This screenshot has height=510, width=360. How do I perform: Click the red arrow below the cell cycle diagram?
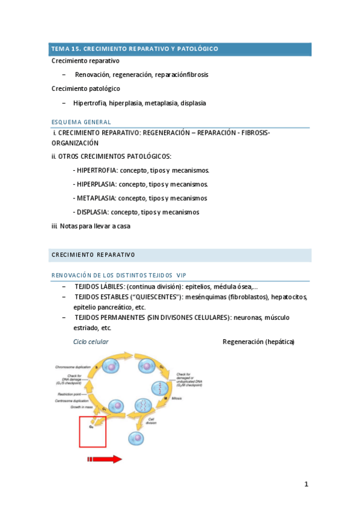point(105,459)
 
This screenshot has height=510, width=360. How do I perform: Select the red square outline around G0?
point(93,432)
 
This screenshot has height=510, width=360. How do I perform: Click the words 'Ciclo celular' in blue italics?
point(91,342)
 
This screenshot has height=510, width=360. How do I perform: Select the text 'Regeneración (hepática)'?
point(258,342)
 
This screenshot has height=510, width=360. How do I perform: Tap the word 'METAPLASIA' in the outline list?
point(96,198)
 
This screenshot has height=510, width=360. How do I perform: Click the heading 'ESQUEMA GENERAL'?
point(81,122)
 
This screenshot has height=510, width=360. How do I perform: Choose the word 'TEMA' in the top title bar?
point(60,48)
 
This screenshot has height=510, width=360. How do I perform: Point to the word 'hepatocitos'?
point(289,296)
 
